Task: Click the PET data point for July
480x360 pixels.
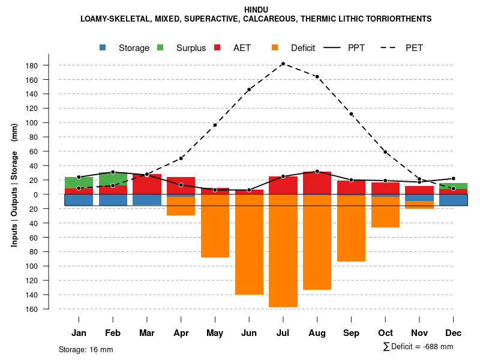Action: tap(283, 64)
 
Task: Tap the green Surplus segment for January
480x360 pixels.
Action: tap(79, 182)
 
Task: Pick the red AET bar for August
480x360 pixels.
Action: tap(317, 183)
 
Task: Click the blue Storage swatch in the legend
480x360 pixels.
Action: tap(103, 48)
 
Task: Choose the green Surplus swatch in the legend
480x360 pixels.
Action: tap(160, 48)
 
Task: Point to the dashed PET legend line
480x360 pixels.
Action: tap(389, 48)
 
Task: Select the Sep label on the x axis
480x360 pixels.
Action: tap(351, 332)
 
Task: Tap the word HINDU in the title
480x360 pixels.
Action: tap(256, 10)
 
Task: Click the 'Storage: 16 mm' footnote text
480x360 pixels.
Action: tap(86, 349)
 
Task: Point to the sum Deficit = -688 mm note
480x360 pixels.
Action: tap(418, 347)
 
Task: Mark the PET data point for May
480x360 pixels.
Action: tap(215, 125)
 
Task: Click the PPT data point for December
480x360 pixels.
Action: tap(453, 178)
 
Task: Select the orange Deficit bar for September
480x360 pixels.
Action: tap(351, 228)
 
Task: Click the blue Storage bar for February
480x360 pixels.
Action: tap(113, 200)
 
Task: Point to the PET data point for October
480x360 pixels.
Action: tap(385, 152)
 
